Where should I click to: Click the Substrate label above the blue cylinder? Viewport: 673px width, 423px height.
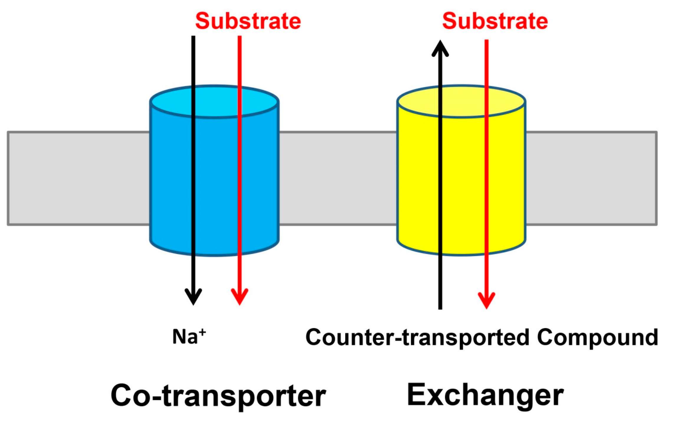coord(248,21)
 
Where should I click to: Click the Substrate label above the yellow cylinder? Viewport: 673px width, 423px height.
coord(495,21)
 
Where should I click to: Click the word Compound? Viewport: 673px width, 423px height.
coord(597,337)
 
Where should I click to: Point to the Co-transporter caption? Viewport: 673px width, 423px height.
coord(218,395)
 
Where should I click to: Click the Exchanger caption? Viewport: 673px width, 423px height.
coord(485,395)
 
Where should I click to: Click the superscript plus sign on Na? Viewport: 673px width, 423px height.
coord(202,332)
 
